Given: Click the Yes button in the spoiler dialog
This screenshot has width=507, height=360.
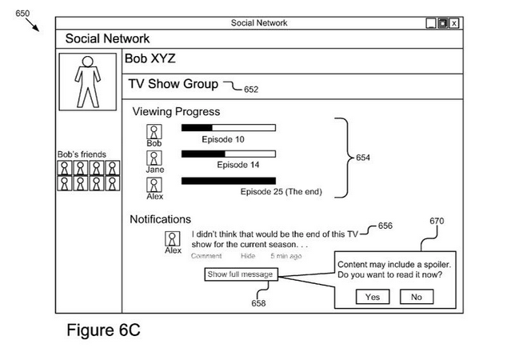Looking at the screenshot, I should click(373, 297).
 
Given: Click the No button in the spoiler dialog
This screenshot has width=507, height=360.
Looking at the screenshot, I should click(417, 297).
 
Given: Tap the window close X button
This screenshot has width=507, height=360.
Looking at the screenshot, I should click(454, 23).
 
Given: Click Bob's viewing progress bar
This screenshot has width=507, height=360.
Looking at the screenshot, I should click(228, 127).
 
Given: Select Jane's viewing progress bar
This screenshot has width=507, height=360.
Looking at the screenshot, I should click(228, 154).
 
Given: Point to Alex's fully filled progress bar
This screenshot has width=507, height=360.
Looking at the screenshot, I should click(228, 181).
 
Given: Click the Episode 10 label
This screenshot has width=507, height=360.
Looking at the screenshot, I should click(222, 139).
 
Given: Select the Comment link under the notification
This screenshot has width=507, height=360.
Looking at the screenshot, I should click(206, 256).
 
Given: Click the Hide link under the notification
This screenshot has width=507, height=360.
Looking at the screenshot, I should click(248, 256).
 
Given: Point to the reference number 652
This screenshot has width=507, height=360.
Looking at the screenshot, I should click(251, 90).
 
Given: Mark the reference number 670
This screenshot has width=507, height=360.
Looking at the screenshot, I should click(437, 222).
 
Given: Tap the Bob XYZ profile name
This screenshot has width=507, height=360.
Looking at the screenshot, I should click(150, 59).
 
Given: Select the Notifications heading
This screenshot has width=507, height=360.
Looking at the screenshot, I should click(160, 219).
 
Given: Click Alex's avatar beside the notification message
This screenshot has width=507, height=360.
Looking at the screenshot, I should click(172, 238).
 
